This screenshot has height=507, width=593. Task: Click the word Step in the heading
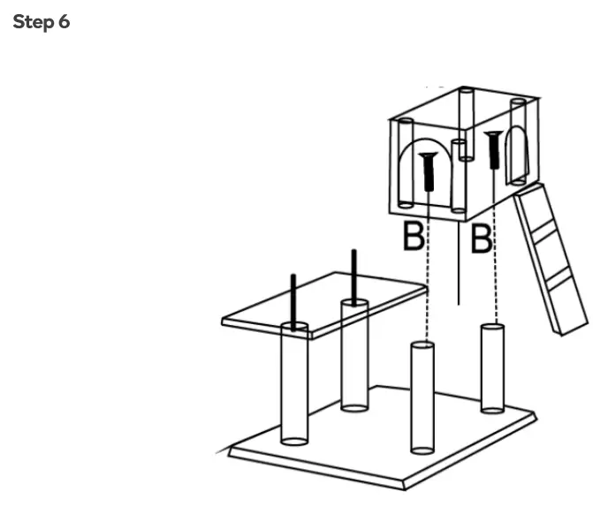(34, 22)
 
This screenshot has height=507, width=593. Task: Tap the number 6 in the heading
(64, 22)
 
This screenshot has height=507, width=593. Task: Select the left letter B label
(413, 237)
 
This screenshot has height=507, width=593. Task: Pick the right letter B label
(481, 238)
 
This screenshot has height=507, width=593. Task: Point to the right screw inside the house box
(493, 148)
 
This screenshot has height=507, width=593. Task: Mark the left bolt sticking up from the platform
(293, 300)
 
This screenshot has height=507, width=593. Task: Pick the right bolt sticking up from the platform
(354, 274)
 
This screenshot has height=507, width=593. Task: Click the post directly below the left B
(423, 397)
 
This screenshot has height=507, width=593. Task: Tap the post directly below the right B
(491, 367)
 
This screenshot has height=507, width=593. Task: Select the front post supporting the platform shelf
(294, 389)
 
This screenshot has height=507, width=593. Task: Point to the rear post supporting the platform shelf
(354, 362)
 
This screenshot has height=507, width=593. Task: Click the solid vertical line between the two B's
(458, 265)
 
